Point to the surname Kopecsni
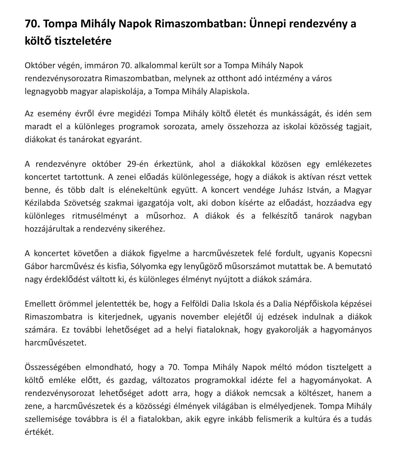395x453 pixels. [355, 254]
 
